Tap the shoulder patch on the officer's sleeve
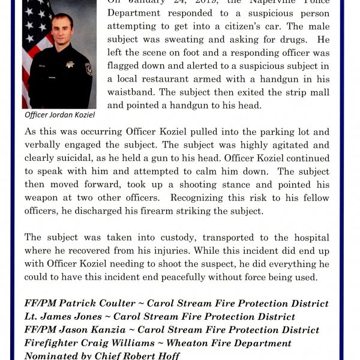(x=89, y=68)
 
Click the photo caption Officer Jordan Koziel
(x=60, y=115)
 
